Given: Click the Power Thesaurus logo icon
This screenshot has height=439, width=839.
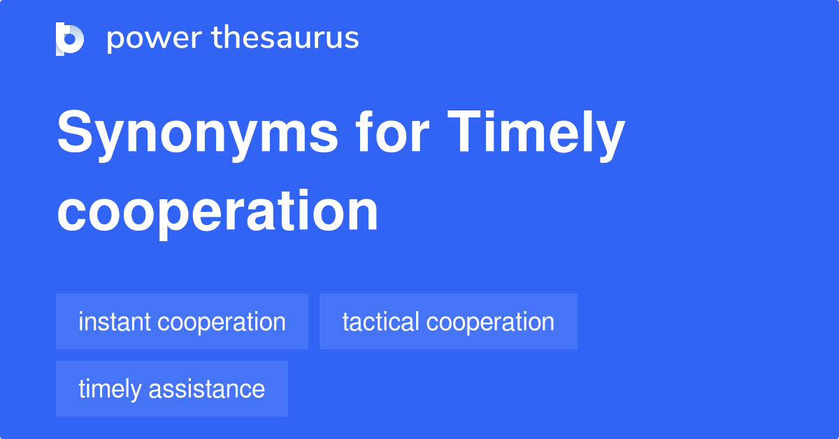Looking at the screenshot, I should [x=70, y=38].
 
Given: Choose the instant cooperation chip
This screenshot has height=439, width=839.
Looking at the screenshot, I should [x=182, y=322].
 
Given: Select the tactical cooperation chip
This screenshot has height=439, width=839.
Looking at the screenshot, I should [x=448, y=322].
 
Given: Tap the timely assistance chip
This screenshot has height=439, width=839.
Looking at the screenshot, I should [x=171, y=389].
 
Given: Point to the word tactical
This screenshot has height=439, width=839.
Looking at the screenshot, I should [x=380, y=322].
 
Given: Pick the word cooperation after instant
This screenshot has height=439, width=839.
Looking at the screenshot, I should [x=222, y=322].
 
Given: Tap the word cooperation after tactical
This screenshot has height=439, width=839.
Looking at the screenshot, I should [x=490, y=322].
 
